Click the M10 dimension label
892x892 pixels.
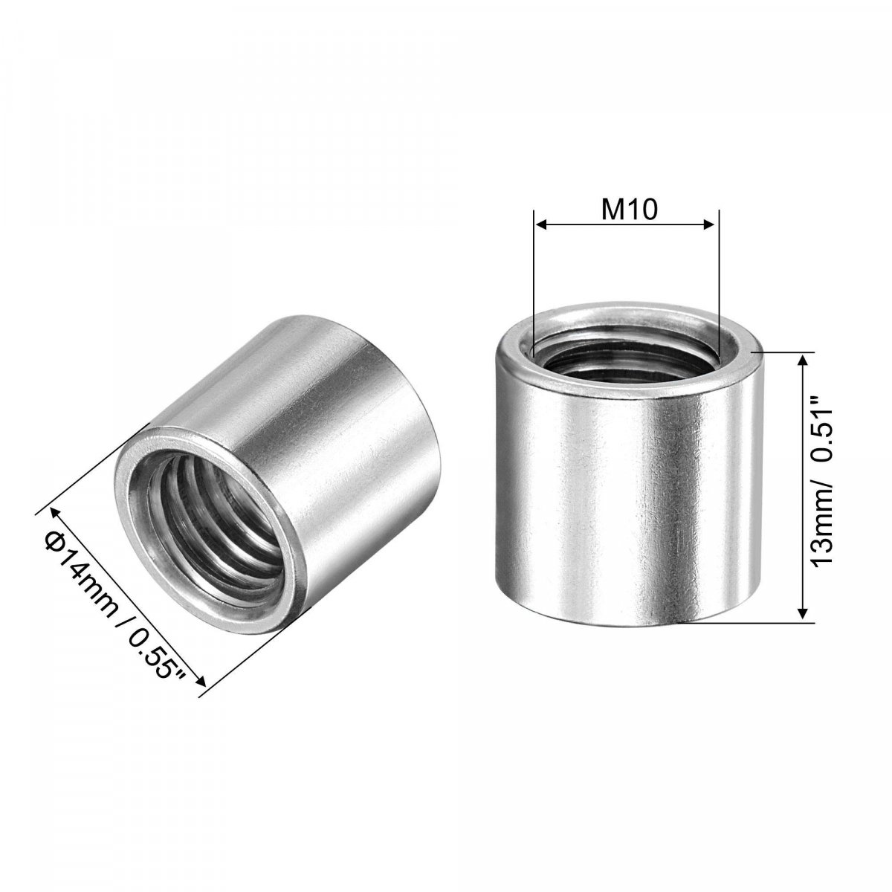click(629, 210)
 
